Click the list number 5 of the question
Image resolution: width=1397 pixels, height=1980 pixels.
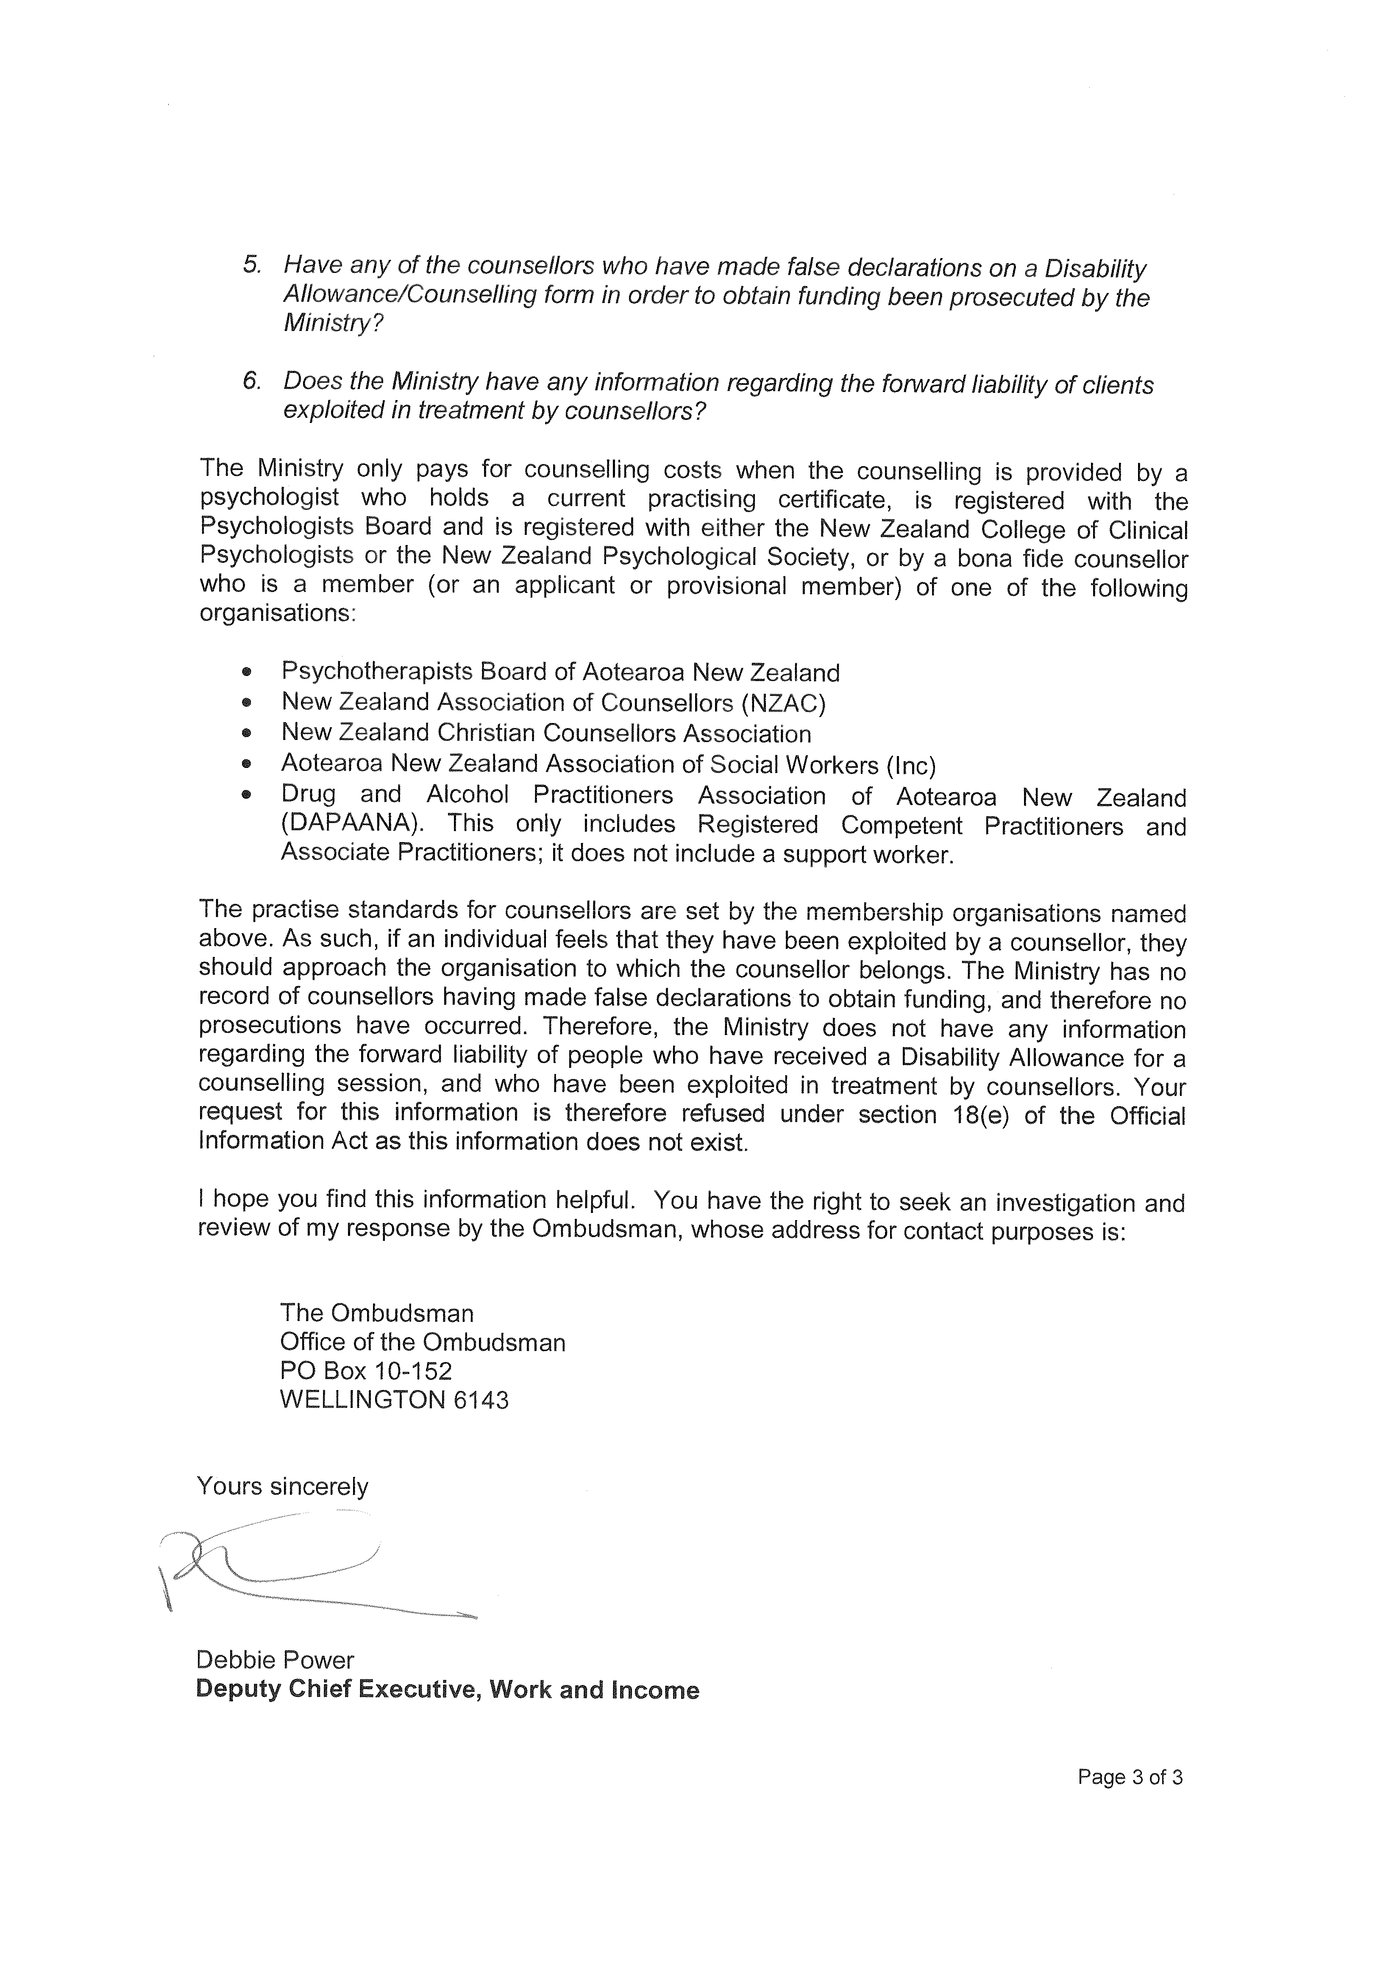[x=251, y=265]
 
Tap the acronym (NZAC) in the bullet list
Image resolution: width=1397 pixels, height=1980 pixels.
[x=783, y=704]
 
